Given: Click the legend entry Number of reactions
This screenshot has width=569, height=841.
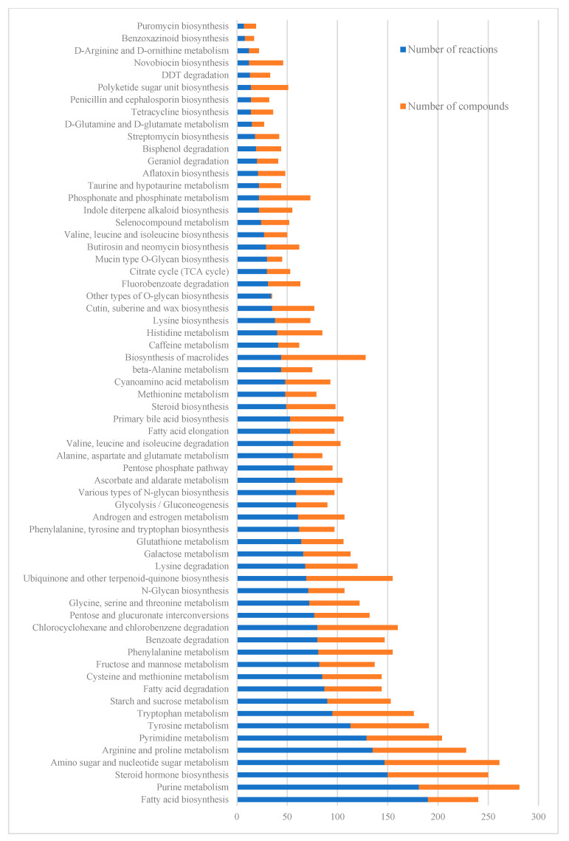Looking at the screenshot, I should click(x=452, y=50).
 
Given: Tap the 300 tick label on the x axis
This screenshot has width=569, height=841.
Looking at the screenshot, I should click(x=539, y=817).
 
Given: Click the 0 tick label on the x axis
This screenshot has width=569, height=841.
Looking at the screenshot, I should click(x=237, y=817).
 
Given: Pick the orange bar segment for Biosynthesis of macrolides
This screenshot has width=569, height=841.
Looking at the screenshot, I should click(x=323, y=357).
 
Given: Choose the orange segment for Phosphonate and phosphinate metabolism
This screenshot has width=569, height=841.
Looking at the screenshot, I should click(x=285, y=198).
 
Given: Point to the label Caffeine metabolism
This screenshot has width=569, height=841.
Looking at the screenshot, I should click(x=188, y=345).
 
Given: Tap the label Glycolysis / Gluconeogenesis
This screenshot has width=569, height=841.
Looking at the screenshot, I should click(x=168, y=504).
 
